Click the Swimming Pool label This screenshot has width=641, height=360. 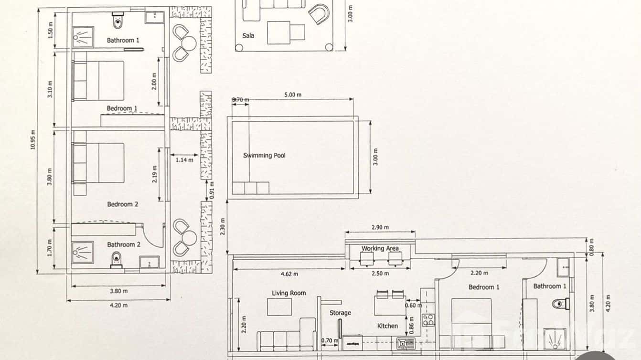pyautogui.click(x=264, y=155)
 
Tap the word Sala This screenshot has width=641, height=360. pyautogui.click(x=248, y=35)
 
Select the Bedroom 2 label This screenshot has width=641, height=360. pyautogui.click(x=123, y=204)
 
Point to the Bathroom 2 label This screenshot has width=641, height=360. pyautogui.click(x=124, y=244)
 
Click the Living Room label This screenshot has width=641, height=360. pyautogui.click(x=288, y=293)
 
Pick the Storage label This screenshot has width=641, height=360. pyautogui.click(x=340, y=313)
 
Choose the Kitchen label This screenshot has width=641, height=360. pyautogui.click(x=387, y=326)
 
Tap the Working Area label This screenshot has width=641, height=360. pyautogui.click(x=380, y=248)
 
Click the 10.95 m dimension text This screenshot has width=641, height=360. pyautogui.click(x=33, y=140)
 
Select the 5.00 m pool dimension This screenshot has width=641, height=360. pyautogui.click(x=293, y=95)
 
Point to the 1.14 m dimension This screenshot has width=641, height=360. pyautogui.click(x=184, y=160)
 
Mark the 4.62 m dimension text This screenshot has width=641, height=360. pyautogui.click(x=288, y=274)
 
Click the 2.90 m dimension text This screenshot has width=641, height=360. pyautogui.click(x=380, y=227)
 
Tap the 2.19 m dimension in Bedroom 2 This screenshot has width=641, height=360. pyautogui.click(x=154, y=177)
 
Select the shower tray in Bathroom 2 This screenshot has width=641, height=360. pyautogui.click(x=83, y=251)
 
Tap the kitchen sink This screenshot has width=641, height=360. pyautogui.click(x=404, y=342)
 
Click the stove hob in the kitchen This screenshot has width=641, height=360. pyautogui.click(x=428, y=319)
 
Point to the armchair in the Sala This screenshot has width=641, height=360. pyautogui.click(x=319, y=13)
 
